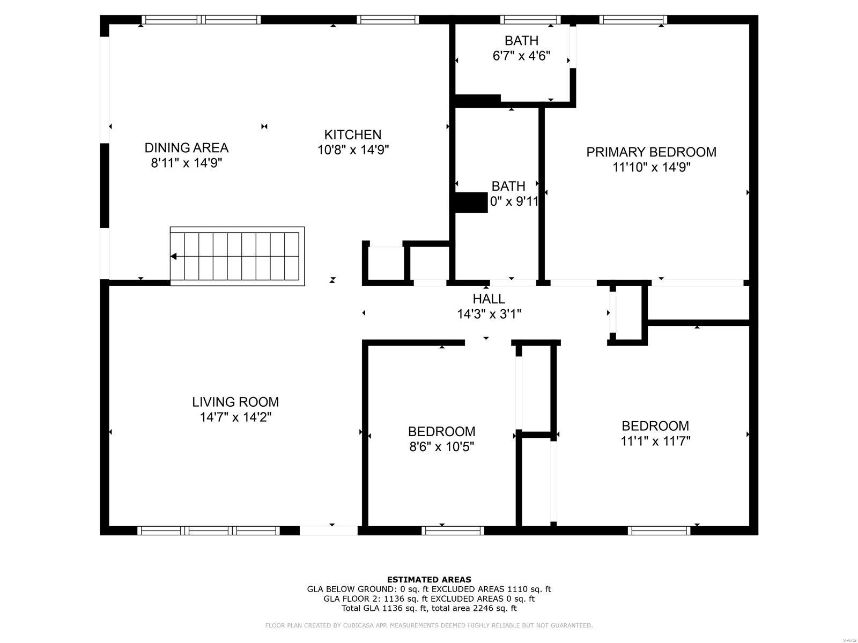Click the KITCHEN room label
353,134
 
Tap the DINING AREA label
186,147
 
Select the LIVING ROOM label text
235,402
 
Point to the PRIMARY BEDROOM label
651,152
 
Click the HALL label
489,298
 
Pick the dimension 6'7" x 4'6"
521,56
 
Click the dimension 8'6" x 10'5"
441,446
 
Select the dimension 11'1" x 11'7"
655,441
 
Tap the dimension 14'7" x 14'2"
235,417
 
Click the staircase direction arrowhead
174,257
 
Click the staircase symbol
237,256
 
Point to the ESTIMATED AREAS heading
429,579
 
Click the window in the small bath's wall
530,20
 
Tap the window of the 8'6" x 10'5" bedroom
453,530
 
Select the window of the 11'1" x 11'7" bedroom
659,530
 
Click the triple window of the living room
209,530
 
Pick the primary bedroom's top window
633,20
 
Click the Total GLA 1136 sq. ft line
429,608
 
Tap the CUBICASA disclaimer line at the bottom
429,625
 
